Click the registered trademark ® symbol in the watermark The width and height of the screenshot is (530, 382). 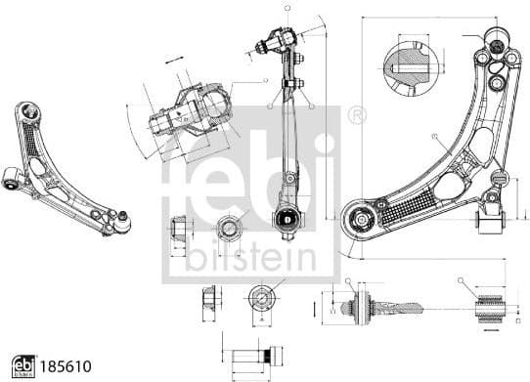357,115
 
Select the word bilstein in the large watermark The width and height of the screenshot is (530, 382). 251,256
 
